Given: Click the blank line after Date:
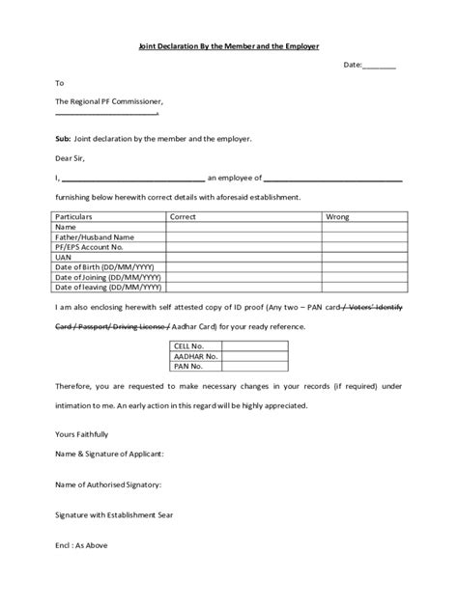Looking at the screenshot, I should pos(379,65).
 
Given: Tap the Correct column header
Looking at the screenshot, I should pos(184,217).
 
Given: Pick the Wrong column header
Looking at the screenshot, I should pos(337,217).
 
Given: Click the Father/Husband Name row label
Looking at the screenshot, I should pos(95,236).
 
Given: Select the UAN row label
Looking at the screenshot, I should pos(65,257).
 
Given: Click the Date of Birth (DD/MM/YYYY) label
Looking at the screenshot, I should pos(108,266).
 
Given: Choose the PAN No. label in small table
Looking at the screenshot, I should pos(186,366).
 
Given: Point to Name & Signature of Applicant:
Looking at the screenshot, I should pos(109,453).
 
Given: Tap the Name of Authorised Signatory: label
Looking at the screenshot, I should pos(108,484).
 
